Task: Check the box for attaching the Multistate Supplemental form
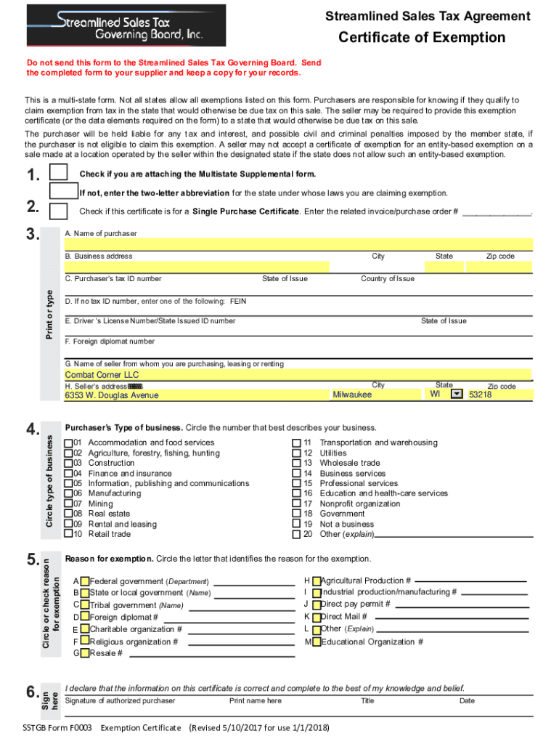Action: point(58,174)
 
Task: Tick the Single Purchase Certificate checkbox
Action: point(58,211)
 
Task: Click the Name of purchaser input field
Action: point(298,244)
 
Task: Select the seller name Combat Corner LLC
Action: point(102,375)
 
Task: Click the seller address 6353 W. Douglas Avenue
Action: point(112,395)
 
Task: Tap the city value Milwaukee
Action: point(352,395)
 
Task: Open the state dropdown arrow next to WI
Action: point(457,394)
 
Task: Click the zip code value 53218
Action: point(481,395)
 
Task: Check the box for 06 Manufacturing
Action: point(68,493)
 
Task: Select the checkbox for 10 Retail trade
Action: point(68,534)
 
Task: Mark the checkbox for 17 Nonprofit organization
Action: point(296,504)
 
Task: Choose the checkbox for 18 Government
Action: point(296,514)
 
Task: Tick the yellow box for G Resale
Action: point(85,653)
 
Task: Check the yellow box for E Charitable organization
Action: point(85,629)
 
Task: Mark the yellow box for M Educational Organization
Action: point(317,642)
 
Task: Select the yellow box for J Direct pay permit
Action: point(317,604)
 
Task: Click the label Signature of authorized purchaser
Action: point(120,700)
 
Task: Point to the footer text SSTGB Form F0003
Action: point(57,727)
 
